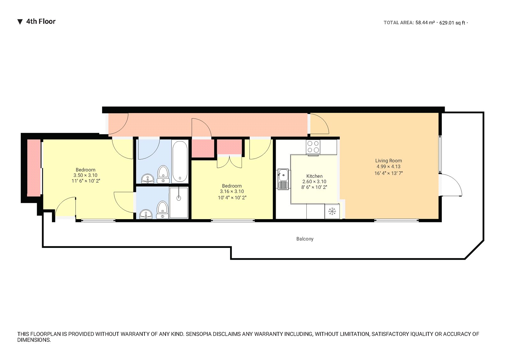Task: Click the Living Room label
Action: coord(388,161)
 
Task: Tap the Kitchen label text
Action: coord(314,176)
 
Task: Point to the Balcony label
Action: coord(305,239)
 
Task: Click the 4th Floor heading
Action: coord(40,22)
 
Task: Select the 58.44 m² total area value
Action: coord(425,23)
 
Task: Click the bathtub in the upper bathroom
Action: coord(180,161)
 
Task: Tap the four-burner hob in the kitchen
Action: coord(313,147)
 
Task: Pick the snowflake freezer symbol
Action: coord(332,211)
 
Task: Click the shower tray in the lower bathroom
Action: coord(179,202)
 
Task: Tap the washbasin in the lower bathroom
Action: coord(146,214)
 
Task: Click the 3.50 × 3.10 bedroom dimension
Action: coord(85,175)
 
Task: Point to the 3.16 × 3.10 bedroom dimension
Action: coord(232,191)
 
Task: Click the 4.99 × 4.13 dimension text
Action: coord(388,167)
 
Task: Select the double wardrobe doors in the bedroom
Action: coord(229,161)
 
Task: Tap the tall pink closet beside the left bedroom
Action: coord(34,168)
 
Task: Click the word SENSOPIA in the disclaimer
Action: coord(199,334)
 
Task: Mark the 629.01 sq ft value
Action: coord(452,23)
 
